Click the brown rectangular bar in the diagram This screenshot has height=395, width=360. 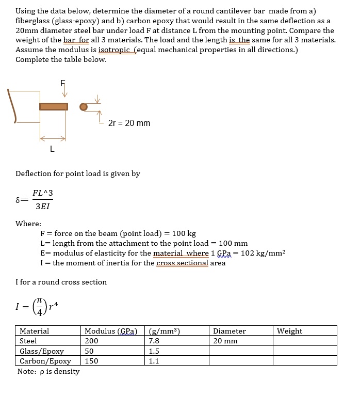[54, 106]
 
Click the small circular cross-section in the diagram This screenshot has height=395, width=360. [84, 107]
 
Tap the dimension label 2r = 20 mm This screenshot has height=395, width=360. [129, 123]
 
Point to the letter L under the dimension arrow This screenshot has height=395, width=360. [52, 150]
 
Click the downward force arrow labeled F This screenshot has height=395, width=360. [64, 91]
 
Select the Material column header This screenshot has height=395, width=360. [34, 331]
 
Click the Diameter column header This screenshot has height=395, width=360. [229, 331]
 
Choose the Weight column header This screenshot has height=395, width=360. [289, 331]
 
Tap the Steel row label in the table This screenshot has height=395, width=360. [28, 341]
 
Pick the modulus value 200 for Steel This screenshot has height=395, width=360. [91, 341]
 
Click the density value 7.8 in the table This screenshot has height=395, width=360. [154, 341]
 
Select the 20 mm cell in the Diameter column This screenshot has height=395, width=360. [225, 341]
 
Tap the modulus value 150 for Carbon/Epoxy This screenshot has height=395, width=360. [91, 361]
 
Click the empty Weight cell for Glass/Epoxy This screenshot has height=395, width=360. [304, 351]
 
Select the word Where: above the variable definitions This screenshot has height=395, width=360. [28, 224]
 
